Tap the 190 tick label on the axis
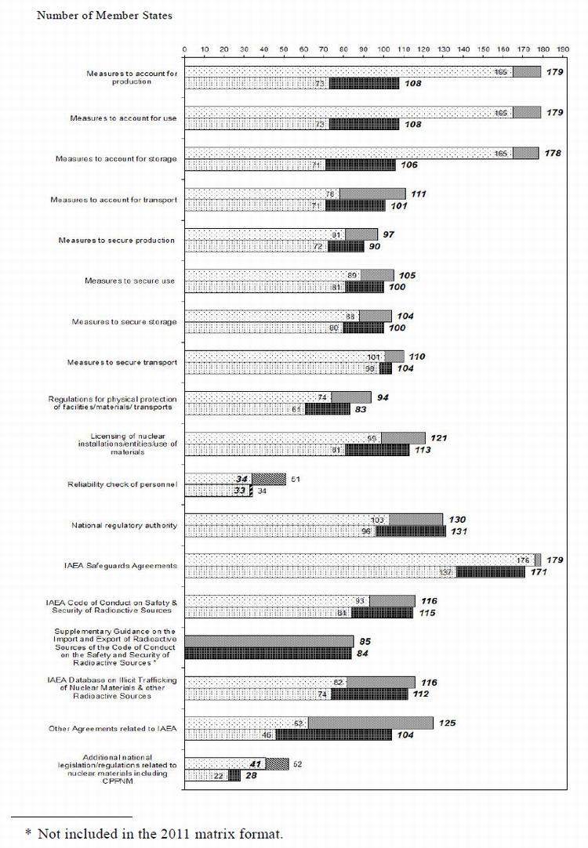pyautogui.click(x=563, y=49)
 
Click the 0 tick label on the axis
pyautogui.click(x=184, y=49)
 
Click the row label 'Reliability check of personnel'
pyautogui.click(x=124, y=485)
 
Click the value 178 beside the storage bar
pyautogui.click(x=554, y=153)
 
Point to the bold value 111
pyautogui.click(x=419, y=194)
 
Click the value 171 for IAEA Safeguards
pyautogui.click(x=539, y=572)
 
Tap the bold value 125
pyautogui.click(x=447, y=723)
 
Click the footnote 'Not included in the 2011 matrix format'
pyautogui.click(x=154, y=833)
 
